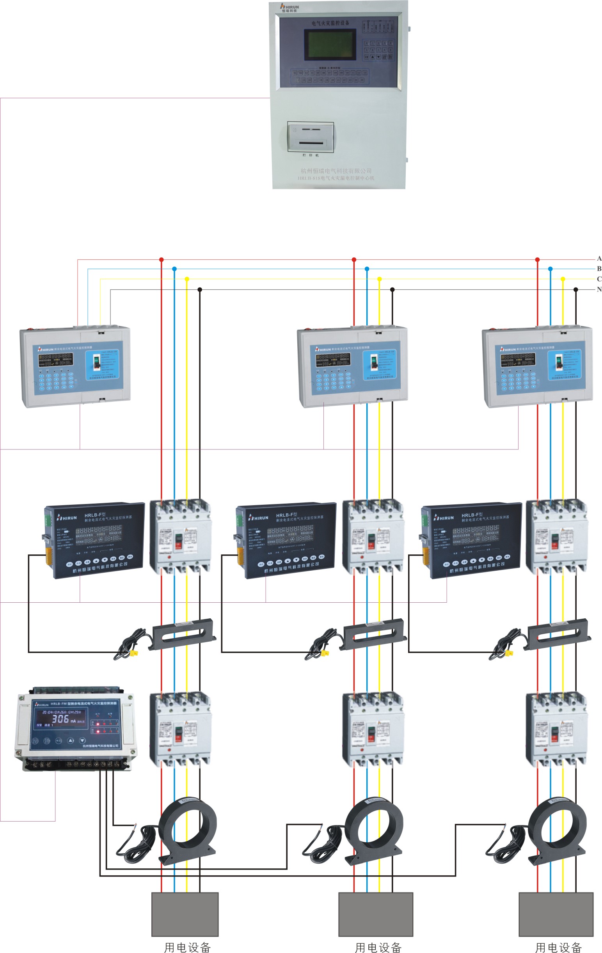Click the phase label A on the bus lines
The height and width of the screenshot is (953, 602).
coord(599,258)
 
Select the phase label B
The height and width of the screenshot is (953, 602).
coord(599,269)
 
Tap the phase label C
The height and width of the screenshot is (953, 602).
coord(599,279)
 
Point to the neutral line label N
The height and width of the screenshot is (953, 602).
coord(599,289)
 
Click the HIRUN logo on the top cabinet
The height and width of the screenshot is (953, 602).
coord(290,7)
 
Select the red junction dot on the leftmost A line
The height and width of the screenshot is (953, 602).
coord(161,260)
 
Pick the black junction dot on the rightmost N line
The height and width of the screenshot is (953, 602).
coord(575,290)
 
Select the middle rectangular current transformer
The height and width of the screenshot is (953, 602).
coord(374,634)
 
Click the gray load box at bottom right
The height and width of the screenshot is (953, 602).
coord(556,915)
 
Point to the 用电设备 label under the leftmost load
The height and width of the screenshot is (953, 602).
coord(187,947)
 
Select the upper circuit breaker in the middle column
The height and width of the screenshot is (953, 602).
coord(373,536)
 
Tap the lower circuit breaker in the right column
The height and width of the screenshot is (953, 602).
coord(556,729)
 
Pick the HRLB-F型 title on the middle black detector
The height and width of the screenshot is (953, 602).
coord(286,515)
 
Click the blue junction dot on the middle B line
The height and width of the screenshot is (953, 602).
coord(367,269)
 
